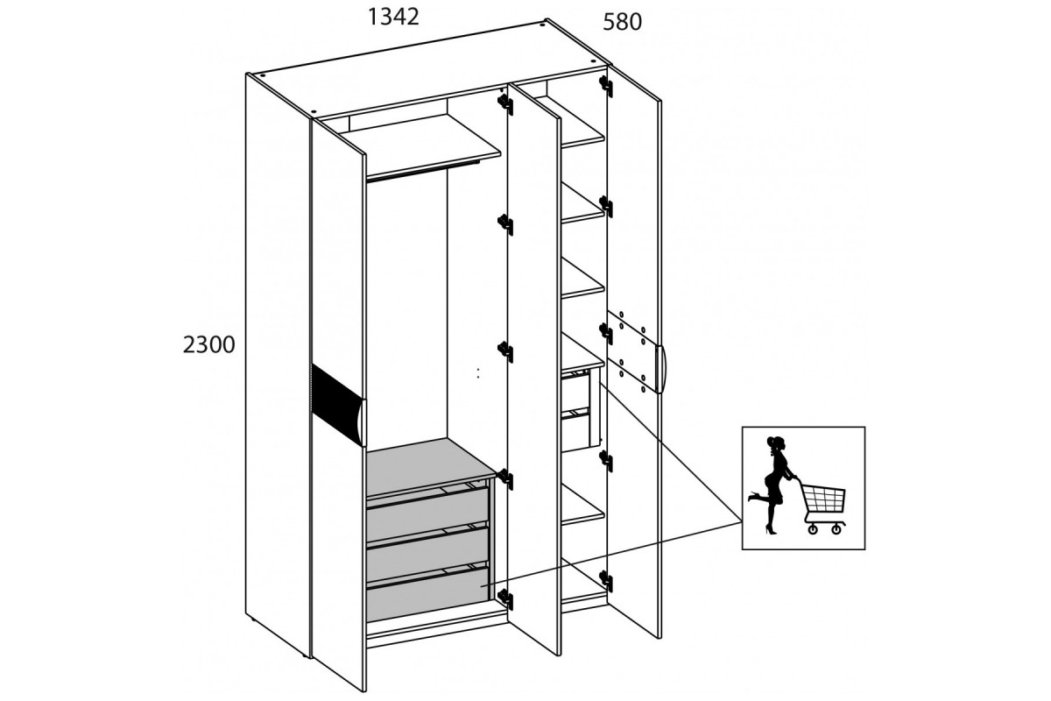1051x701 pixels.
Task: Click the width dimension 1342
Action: (x=393, y=18)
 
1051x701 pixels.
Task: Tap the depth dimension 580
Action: (x=622, y=22)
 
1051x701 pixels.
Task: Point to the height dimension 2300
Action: (x=208, y=345)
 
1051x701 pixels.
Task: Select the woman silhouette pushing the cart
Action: (x=773, y=485)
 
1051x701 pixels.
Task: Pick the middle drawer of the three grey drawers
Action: (x=427, y=548)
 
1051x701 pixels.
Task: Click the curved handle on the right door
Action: (x=661, y=369)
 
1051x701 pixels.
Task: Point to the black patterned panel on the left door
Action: (x=338, y=404)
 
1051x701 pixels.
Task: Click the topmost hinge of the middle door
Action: (x=504, y=104)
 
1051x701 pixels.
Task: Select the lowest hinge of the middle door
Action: (x=504, y=598)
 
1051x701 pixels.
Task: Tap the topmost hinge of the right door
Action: (x=606, y=86)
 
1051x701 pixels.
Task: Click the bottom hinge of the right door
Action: (x=606, y=581)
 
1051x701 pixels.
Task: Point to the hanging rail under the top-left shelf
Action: (x=422, y=170)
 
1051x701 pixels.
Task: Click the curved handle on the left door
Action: (x=361, y=421)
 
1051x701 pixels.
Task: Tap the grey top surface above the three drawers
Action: (x=430, y=466)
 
